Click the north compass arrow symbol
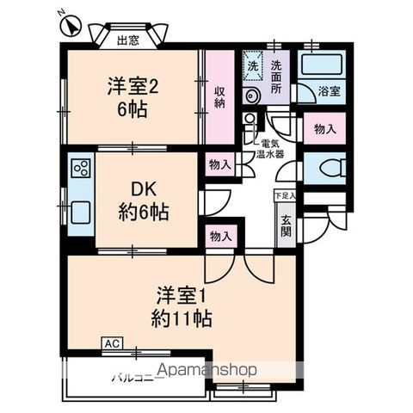coord(72,28)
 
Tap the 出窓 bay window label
coord(128,39)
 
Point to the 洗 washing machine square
coord(253,65)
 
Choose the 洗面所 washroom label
coord(277,71)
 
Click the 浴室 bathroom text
coord(329,89)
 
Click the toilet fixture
coord(328,168)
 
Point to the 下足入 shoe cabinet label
coord(284,196)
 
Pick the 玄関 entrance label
coord(285,225)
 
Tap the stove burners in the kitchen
coord(81,165)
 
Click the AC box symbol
coord(111,342)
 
